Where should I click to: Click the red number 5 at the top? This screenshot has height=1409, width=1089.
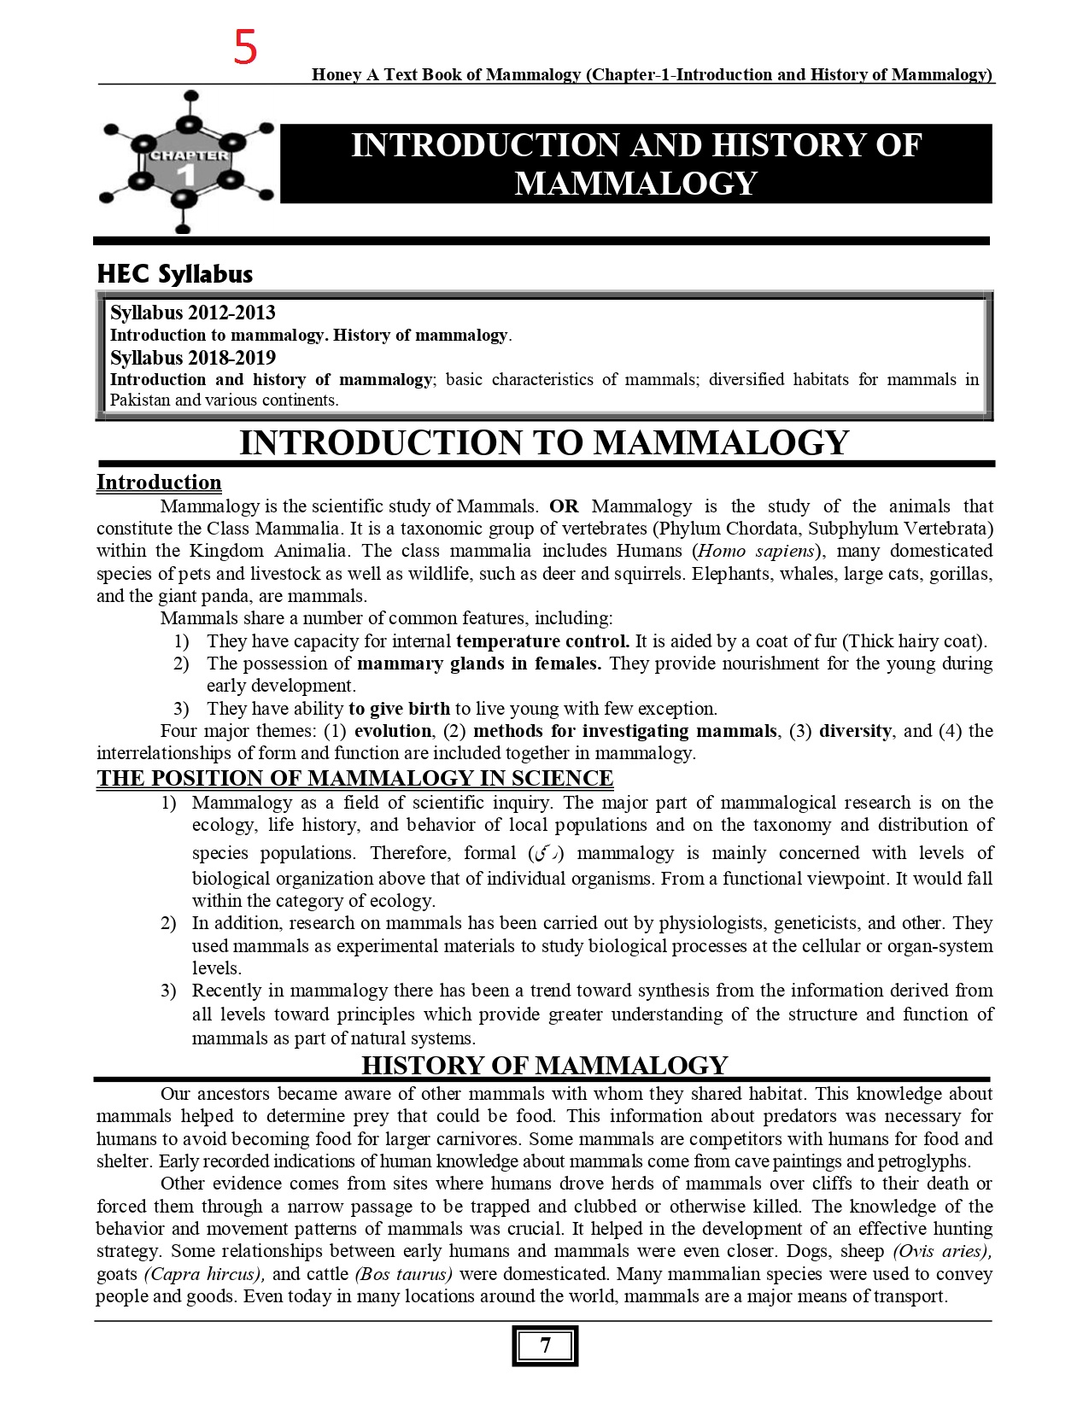245,48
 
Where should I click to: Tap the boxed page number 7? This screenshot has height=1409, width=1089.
545,1346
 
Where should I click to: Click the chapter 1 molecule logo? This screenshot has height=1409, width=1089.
185,163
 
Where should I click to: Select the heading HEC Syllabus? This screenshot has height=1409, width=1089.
174,274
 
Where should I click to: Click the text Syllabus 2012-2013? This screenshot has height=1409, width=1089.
192,313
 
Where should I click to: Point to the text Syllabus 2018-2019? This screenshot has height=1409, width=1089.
192,358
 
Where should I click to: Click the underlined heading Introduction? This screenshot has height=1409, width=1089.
159,482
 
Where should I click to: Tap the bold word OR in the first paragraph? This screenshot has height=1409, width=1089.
564,506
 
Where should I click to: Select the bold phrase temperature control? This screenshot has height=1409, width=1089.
542,641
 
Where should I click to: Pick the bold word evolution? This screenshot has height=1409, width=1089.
393,731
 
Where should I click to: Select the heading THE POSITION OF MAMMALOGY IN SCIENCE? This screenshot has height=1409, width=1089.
354,778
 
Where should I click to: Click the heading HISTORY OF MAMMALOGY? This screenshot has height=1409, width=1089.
544,1065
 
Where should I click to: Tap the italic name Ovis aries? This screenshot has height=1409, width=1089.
942,1251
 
